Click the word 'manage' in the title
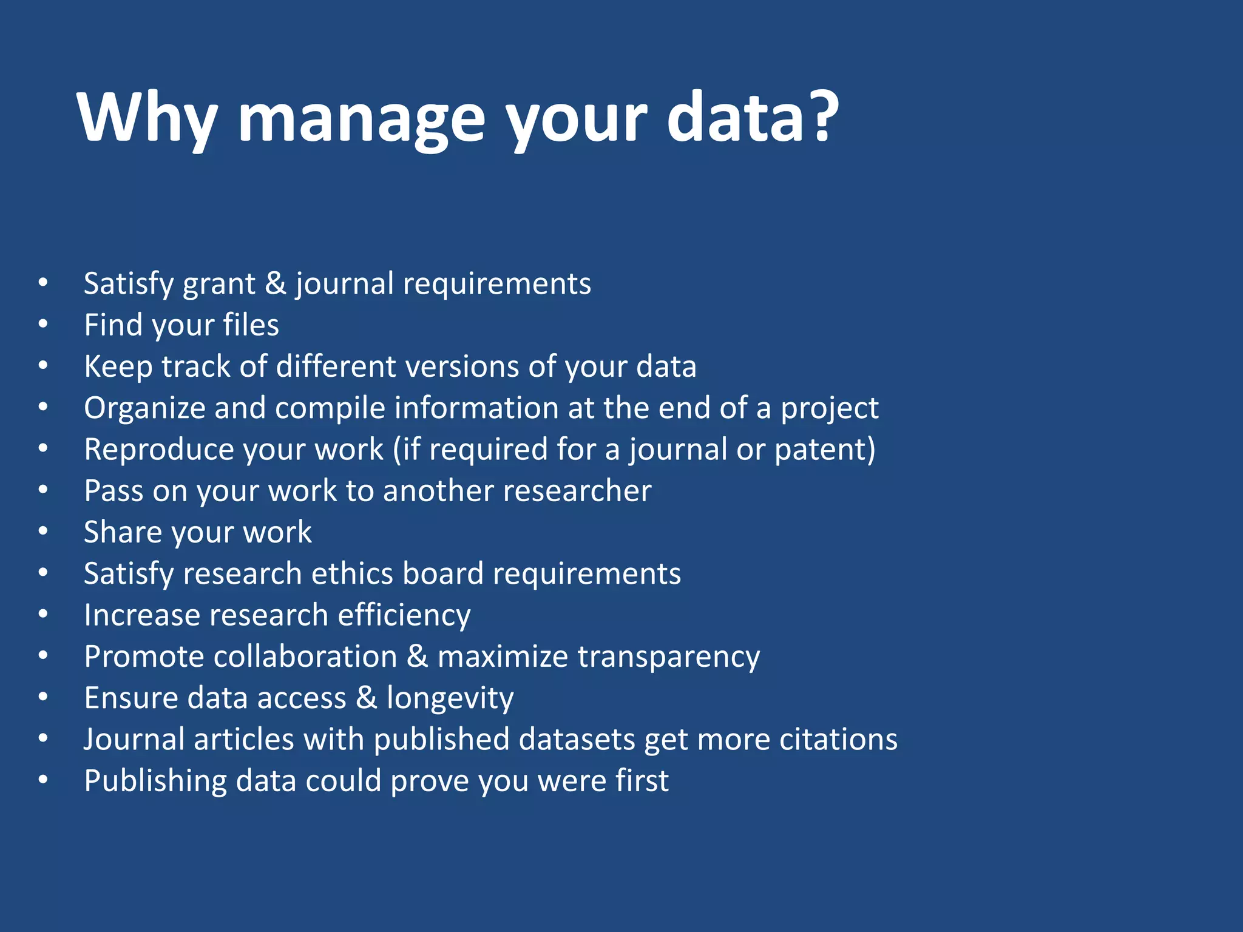362,118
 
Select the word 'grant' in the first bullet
219,285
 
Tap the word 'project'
829,409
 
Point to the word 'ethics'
351,573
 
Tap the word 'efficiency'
404,615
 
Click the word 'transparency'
668,657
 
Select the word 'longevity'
450,698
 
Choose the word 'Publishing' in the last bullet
155,782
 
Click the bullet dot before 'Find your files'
43,324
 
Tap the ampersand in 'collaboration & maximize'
418,657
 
